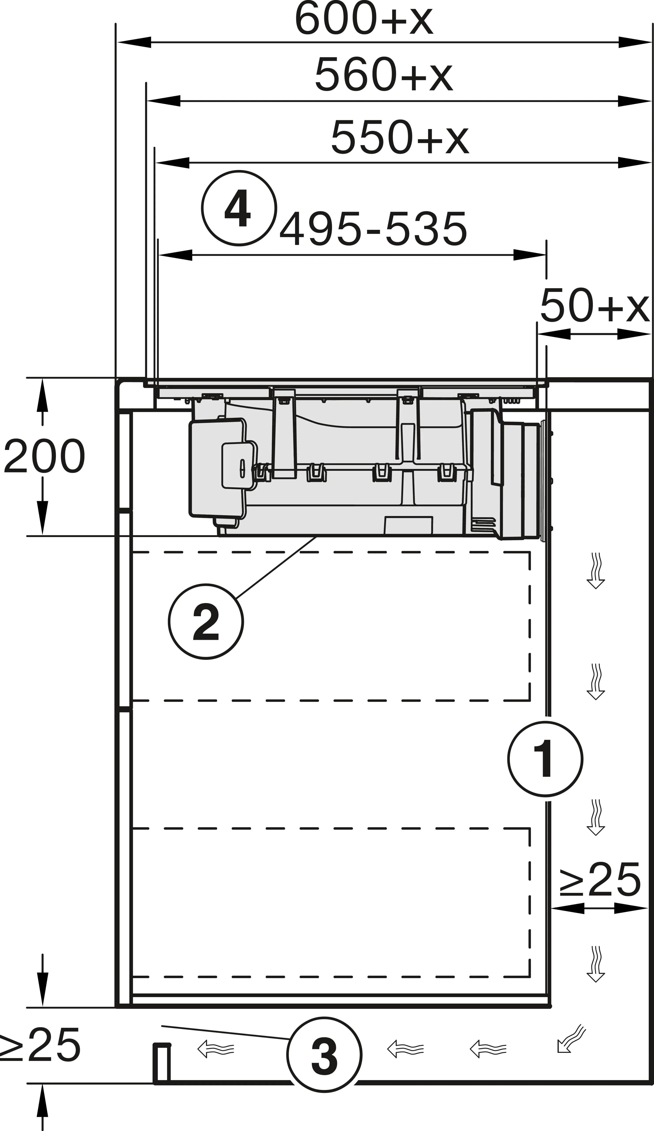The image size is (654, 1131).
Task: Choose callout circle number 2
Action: click(206, 622)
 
